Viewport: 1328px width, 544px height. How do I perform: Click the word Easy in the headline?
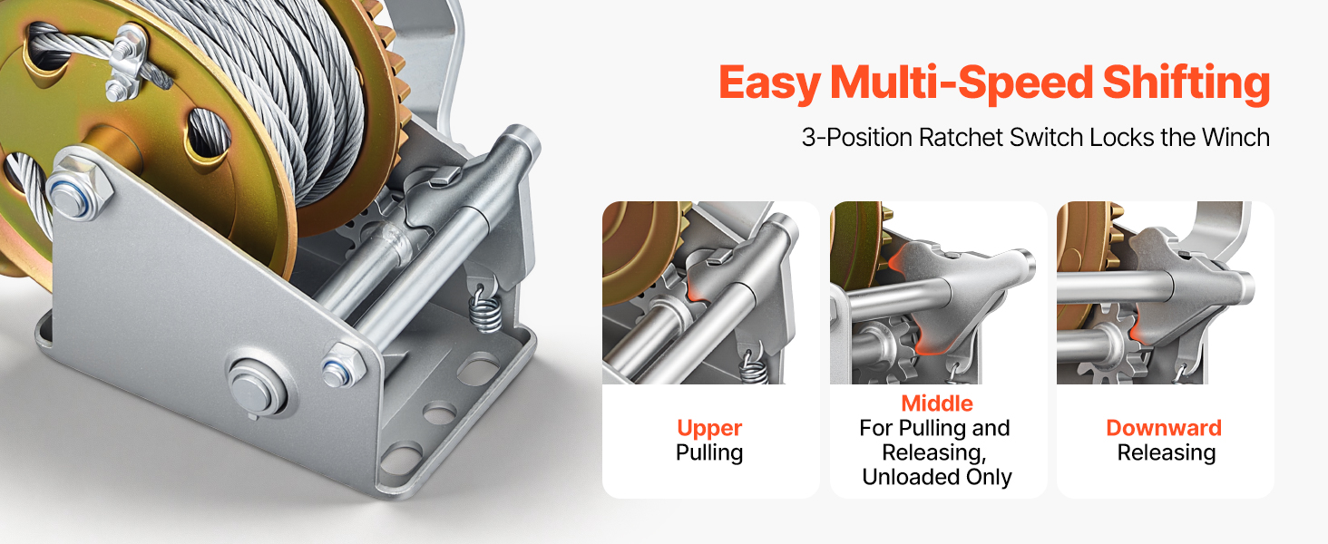point(769,83)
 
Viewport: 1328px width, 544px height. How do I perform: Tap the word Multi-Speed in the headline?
point(961,83)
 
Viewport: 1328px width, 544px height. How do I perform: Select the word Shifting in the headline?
point(1186,83)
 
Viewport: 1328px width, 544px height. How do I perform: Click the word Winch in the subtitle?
point(1235,138)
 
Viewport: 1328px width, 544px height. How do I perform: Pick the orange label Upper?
point(709,429)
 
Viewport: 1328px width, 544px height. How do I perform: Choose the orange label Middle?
point(937,403)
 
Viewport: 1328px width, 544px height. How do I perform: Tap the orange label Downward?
point(1164,428)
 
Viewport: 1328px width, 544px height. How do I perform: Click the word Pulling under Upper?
point(709,452)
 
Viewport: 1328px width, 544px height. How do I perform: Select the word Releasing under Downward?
point(1167,452)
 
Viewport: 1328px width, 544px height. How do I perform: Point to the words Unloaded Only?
point(937,477)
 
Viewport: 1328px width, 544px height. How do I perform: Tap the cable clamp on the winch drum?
point(125,63)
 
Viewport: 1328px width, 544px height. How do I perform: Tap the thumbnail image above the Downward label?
point(1165,293)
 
